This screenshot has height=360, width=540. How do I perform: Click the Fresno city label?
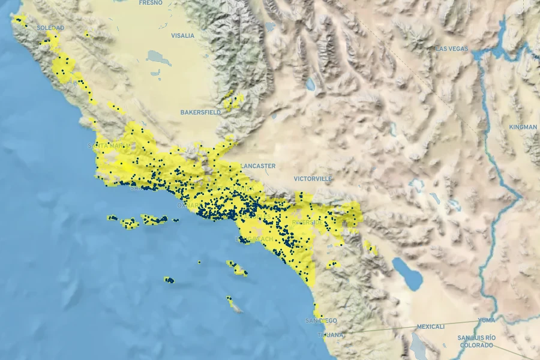(151, 3)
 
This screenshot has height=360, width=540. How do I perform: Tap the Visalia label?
(182, 35)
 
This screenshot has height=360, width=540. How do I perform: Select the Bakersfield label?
(200, 112)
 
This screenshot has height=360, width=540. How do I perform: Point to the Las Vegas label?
(452, 48)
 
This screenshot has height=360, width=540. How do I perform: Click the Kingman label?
(523, 127)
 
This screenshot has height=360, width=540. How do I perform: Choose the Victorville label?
(313, 179)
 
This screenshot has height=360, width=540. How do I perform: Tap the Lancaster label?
(258, 166)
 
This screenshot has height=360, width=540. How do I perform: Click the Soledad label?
(50, 28)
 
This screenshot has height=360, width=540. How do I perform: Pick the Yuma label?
(487, 320)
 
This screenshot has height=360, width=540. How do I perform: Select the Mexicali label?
(431, 327)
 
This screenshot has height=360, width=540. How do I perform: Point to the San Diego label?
(321, 321)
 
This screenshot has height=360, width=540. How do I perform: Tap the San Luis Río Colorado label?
(476, 341)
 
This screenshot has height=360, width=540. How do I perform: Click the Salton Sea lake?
(408, 273)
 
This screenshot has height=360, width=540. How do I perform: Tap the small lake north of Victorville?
(310, 85)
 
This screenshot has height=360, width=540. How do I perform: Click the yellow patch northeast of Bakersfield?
(233, 101)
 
